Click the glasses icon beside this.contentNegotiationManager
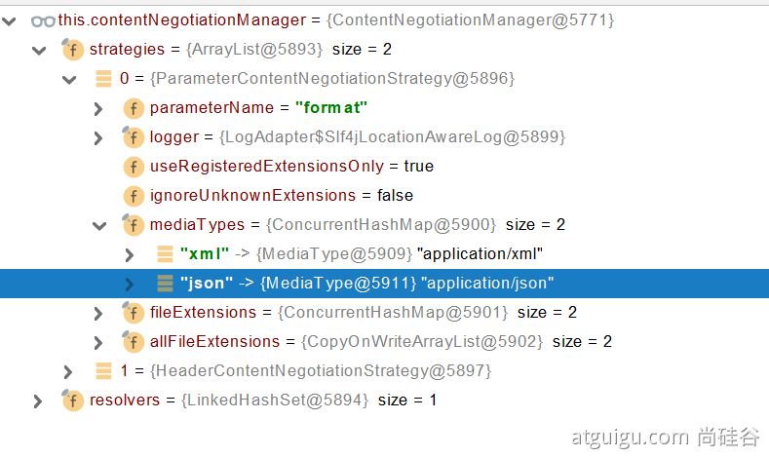43,21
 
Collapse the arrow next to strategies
39,50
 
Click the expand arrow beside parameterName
98,109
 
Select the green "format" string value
331,107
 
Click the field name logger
174,136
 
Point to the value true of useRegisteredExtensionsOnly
418,167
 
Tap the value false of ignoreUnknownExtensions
395,195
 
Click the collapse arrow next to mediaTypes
99,226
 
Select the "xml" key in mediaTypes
205,253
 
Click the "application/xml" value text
480,253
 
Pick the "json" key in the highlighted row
207,283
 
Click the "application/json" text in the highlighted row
487,283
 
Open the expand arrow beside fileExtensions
98,314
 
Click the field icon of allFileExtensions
133,341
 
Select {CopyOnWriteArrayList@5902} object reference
422,341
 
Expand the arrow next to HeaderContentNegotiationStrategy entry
67,372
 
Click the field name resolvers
125,401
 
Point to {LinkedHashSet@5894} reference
275,401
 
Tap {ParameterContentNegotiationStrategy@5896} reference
332,79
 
